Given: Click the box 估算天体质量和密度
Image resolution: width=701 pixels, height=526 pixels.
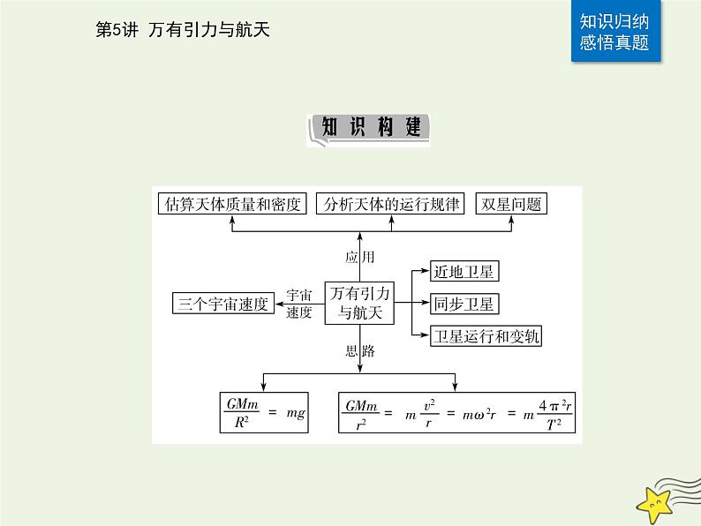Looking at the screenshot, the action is (233, 205).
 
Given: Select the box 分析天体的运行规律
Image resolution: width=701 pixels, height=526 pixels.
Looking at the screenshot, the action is (390, 205).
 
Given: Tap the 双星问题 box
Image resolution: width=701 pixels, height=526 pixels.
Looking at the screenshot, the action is (509, 205).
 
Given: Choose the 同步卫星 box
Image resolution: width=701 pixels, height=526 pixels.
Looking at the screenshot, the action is (464, 304).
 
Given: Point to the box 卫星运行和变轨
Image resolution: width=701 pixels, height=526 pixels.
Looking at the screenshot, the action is (486, 336).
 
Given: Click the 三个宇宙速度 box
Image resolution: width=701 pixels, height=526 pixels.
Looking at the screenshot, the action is (222, 304).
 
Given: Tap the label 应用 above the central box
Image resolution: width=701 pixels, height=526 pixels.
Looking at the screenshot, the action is (360, 257).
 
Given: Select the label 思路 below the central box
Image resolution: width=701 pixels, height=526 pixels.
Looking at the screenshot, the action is (360, 351).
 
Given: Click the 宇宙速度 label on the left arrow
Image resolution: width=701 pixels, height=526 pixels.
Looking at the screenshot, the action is (300, 304).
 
